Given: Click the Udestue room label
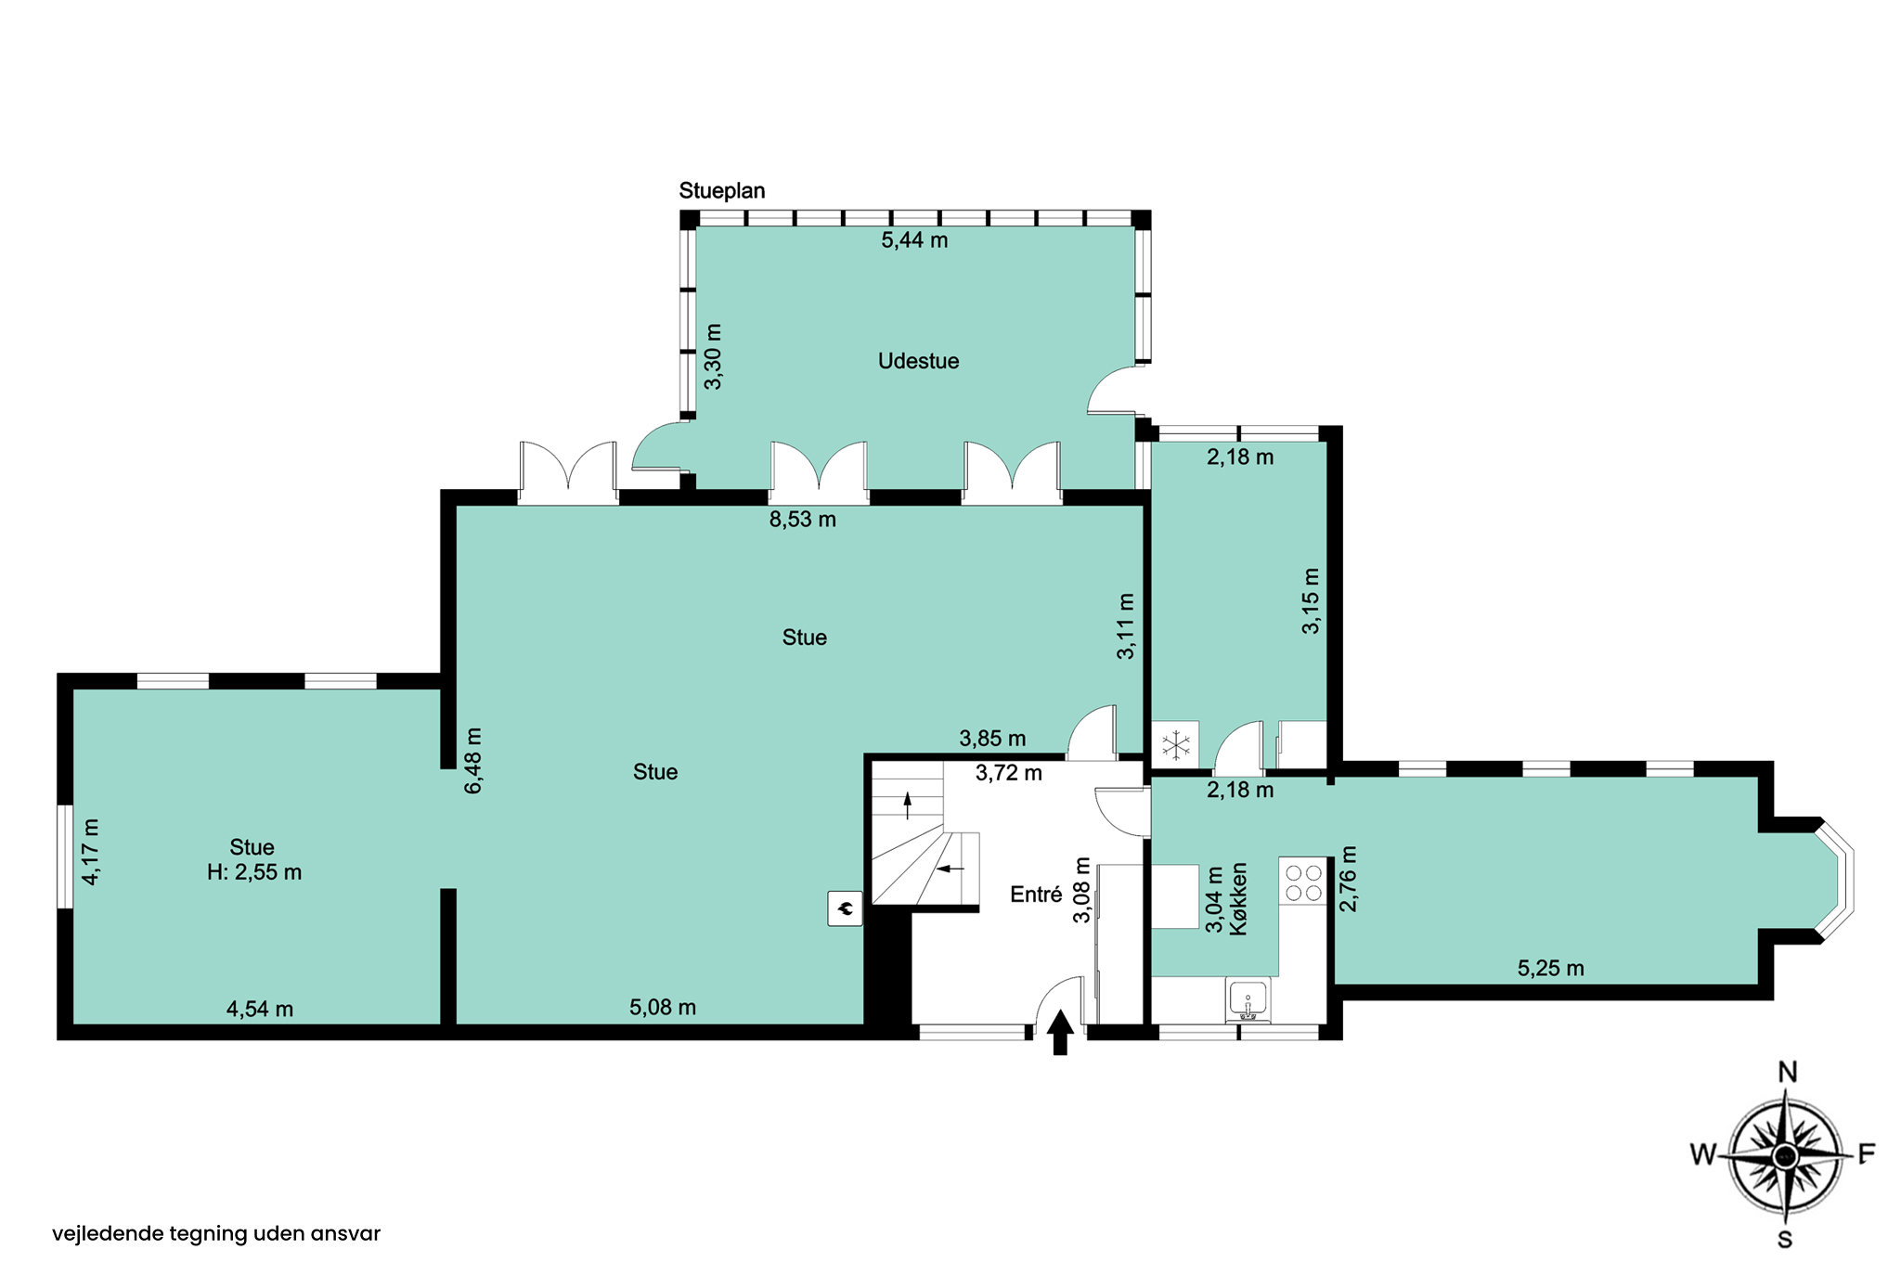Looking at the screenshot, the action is click(918, 361).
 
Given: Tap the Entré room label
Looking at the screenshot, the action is click(1036, 895).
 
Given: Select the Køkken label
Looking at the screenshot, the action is click(1239, 898).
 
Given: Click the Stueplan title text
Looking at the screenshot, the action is click(722, 191).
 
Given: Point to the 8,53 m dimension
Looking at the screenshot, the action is click(803, 520).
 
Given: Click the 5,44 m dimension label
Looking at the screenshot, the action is click(914, 240).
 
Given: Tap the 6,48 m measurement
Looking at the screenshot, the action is click(473, 761).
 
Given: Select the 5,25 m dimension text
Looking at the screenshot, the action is click(1551, 969).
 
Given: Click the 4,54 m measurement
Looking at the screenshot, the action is click(260, 1010).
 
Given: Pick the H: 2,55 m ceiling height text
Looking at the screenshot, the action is click(254, 872).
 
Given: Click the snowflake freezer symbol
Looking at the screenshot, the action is click(1176, 745).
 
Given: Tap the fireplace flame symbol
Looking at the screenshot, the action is click(846, 908).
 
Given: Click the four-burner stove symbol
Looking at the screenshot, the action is click(1302, 882).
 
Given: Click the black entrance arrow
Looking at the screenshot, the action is click(1060, 1033).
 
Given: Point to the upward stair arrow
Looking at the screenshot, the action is click(908, 805).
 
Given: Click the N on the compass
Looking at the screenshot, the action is click(1787, 1073).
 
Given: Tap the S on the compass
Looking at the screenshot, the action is click(1784, 1239).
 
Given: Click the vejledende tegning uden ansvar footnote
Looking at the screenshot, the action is click(216, 1234).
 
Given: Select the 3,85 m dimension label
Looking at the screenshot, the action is click(992, 739).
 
